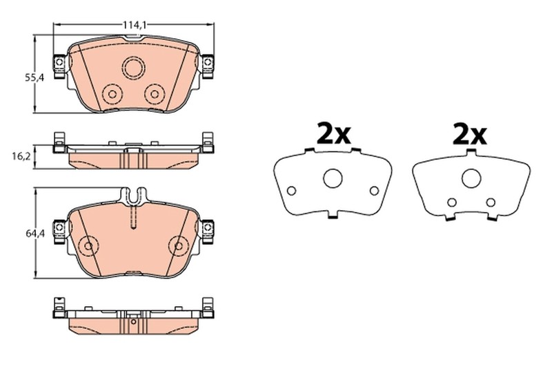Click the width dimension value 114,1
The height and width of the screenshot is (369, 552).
pos(135,25)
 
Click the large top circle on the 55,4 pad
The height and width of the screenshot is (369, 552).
pos(132,68)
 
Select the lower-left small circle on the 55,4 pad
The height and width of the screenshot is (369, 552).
pos(110,93)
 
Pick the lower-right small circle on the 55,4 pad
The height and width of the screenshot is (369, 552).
pos(154,93)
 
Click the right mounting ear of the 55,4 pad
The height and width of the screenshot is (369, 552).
pos(207,64)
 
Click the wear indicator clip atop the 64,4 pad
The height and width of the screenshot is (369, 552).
pos(132,196)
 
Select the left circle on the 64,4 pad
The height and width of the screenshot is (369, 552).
pos(88,245)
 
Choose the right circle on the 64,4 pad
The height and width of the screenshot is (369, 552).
pos(179,245)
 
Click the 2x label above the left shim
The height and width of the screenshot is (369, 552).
pos(334,133)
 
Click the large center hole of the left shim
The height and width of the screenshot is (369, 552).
pos(333,179)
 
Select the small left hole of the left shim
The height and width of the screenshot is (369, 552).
pos(291,191)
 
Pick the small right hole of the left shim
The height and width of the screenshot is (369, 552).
pos(375,191)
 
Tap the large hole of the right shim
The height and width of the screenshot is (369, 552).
pos(471,179)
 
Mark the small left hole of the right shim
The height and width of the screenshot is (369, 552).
pos(451,202)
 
